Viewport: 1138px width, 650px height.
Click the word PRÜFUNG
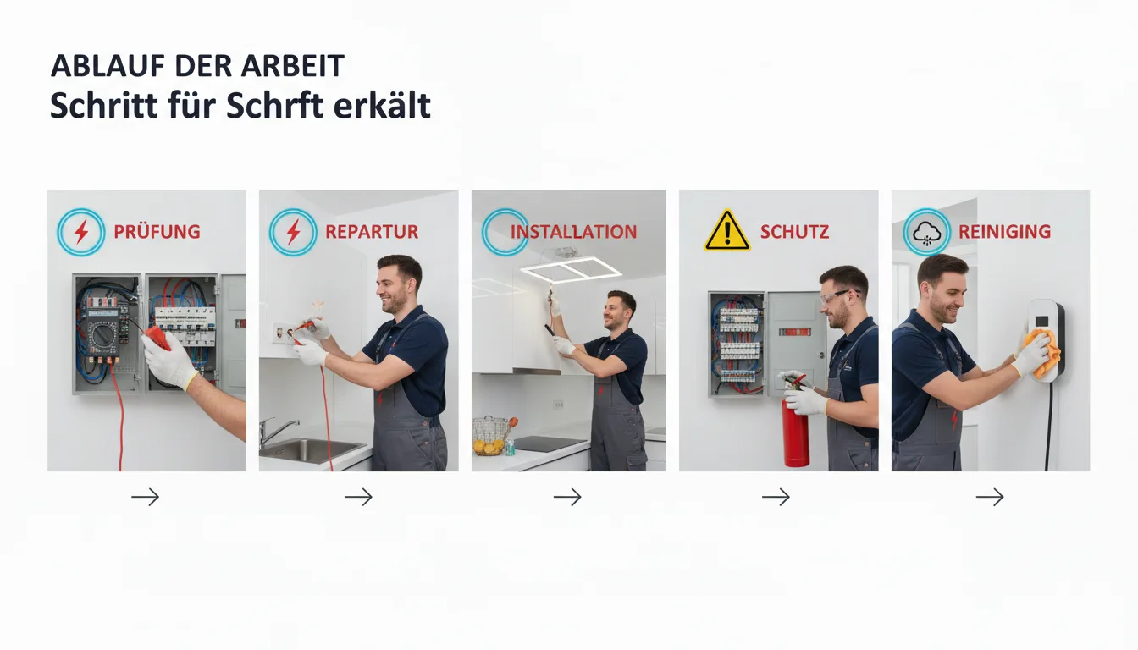[157, 232]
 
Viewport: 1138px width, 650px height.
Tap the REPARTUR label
[372, 232]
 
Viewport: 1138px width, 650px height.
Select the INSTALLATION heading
[573, 232]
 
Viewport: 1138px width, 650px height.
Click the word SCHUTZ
[794, 232]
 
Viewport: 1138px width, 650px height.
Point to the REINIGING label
[1004, 232]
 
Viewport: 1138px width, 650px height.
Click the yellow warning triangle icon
[727, 230]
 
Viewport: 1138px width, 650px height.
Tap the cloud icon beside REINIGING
[926, 233]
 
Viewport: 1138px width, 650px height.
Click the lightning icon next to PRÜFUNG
[80, 232]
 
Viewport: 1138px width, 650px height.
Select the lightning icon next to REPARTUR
[293, 232]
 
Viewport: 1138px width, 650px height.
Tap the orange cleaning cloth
[1042, 354]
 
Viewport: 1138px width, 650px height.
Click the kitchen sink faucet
[276, 431]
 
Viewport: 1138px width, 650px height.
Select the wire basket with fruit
[491, 435]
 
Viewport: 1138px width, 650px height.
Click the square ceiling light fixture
[571, 268]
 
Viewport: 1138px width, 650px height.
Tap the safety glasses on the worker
[838, 296]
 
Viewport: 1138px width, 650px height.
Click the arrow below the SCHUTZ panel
[776, 497]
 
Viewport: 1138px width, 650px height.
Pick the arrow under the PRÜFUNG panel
[146, 497]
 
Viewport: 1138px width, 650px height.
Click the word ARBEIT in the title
[293, 65]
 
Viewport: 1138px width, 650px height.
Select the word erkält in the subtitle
[382, 106]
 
